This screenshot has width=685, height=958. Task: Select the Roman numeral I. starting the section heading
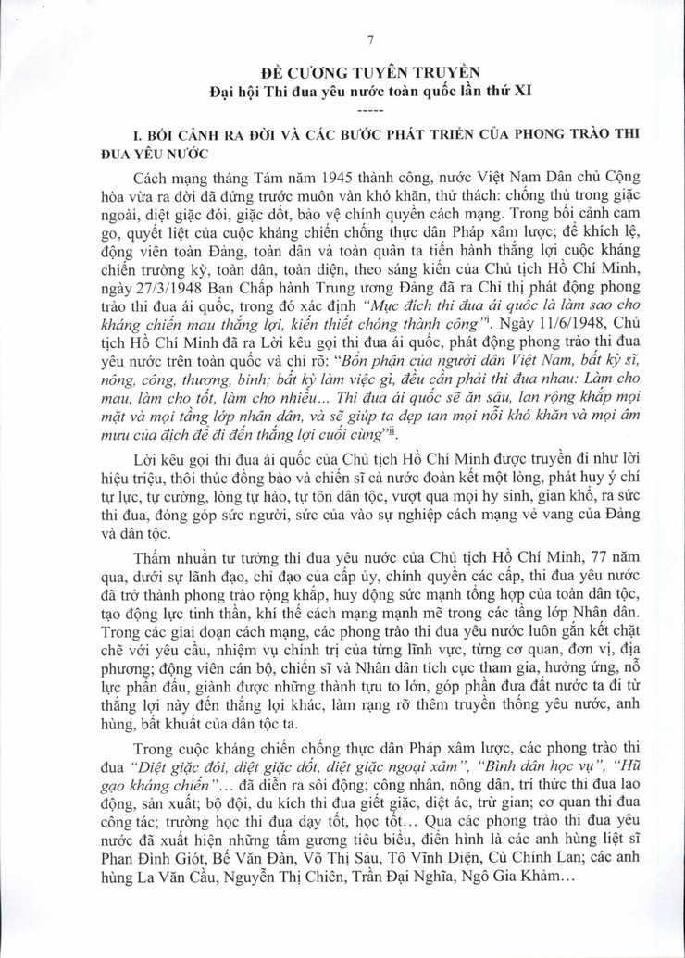tap(114, 135)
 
